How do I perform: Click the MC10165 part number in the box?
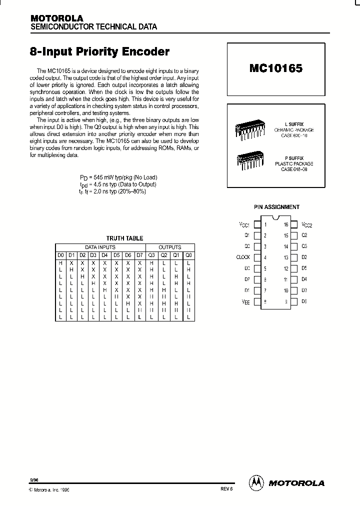click(x=275, y=69)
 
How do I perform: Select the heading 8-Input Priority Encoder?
click(x=100, y=52)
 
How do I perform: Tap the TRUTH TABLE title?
click(x=124, y=238)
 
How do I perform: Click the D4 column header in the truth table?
click(x=105, y=255)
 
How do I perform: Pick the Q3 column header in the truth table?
click(x=152, y=255)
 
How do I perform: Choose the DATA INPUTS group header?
click(x=100, y=247)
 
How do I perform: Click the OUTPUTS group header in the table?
click(x=170, y=247)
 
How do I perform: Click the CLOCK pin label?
click(x=243, y=257)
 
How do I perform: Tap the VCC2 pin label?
click(x=306, y=224)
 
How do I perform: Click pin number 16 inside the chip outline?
click(x=286, y=224)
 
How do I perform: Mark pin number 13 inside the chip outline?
click(x=286, y=257)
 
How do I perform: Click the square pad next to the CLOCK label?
click(x=257, y=257)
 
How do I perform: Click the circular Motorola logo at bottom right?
click(x=256, y=482)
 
